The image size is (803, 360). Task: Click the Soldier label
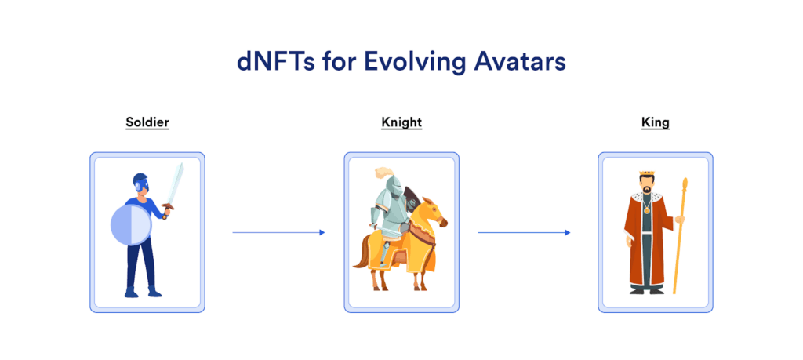coord(147,122)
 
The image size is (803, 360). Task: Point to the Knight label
coord(401,122)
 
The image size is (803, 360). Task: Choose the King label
coord(655,122)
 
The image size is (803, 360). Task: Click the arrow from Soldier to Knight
coord(278,232)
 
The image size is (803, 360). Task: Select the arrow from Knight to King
coord(524,232)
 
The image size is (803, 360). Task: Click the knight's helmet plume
coord(383,172)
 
